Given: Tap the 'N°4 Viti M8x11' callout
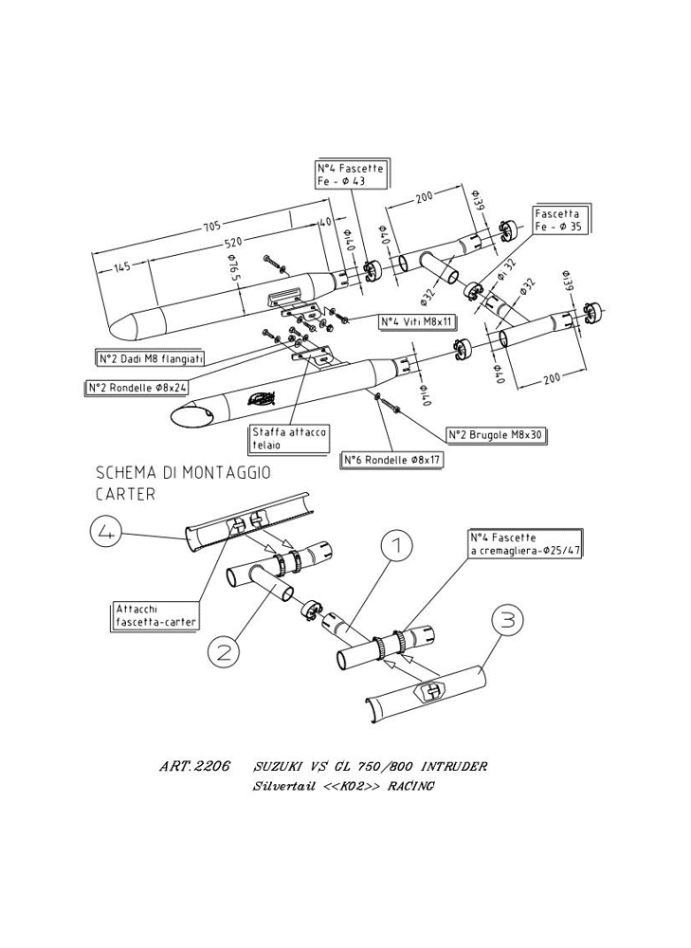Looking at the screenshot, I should [x=416, y=322].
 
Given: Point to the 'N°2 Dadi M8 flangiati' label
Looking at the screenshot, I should [x=152, y=358].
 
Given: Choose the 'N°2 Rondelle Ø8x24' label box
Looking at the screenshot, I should [x=136, y=388].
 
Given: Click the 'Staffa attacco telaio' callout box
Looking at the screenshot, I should [x=289, y=438].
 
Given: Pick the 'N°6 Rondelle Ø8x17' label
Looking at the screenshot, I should [x=393, y=460].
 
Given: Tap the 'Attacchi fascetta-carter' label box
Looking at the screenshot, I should [x=155, y=615].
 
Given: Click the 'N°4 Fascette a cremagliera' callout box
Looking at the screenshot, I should [x=524, y=543].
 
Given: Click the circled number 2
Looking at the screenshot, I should [x=224, y=651].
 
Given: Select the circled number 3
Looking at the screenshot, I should [x=508, y=621].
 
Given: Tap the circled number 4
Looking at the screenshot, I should [x=106, y=535].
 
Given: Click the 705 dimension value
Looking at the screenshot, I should [x=210, y=226].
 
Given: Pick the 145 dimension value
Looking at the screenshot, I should [x=121, y=268].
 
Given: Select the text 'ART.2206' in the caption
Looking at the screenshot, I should [x=194, y=766].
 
